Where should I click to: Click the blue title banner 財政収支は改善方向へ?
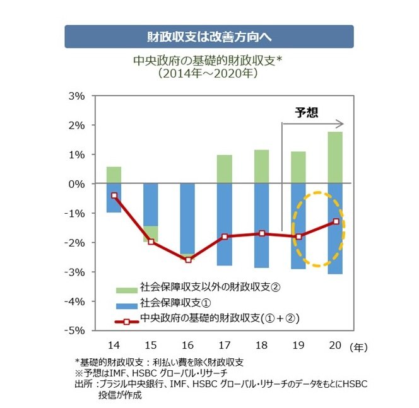click(x=209, y=37)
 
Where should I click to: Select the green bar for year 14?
click(x=114, y=175)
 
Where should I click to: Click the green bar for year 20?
click(x=335, y=158)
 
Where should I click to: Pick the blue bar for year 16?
click(x=187, y=218)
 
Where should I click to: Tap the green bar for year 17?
click(x=224, y=169)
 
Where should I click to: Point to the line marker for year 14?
click(x=114, y=195)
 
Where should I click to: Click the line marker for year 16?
click(x=187, y=260)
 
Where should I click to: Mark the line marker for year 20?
click(x=335, y=221)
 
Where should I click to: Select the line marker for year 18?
click(x=261, y=233)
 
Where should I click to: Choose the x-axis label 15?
click(x=151, y=346)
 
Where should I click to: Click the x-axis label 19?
click(x=298, y=346)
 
